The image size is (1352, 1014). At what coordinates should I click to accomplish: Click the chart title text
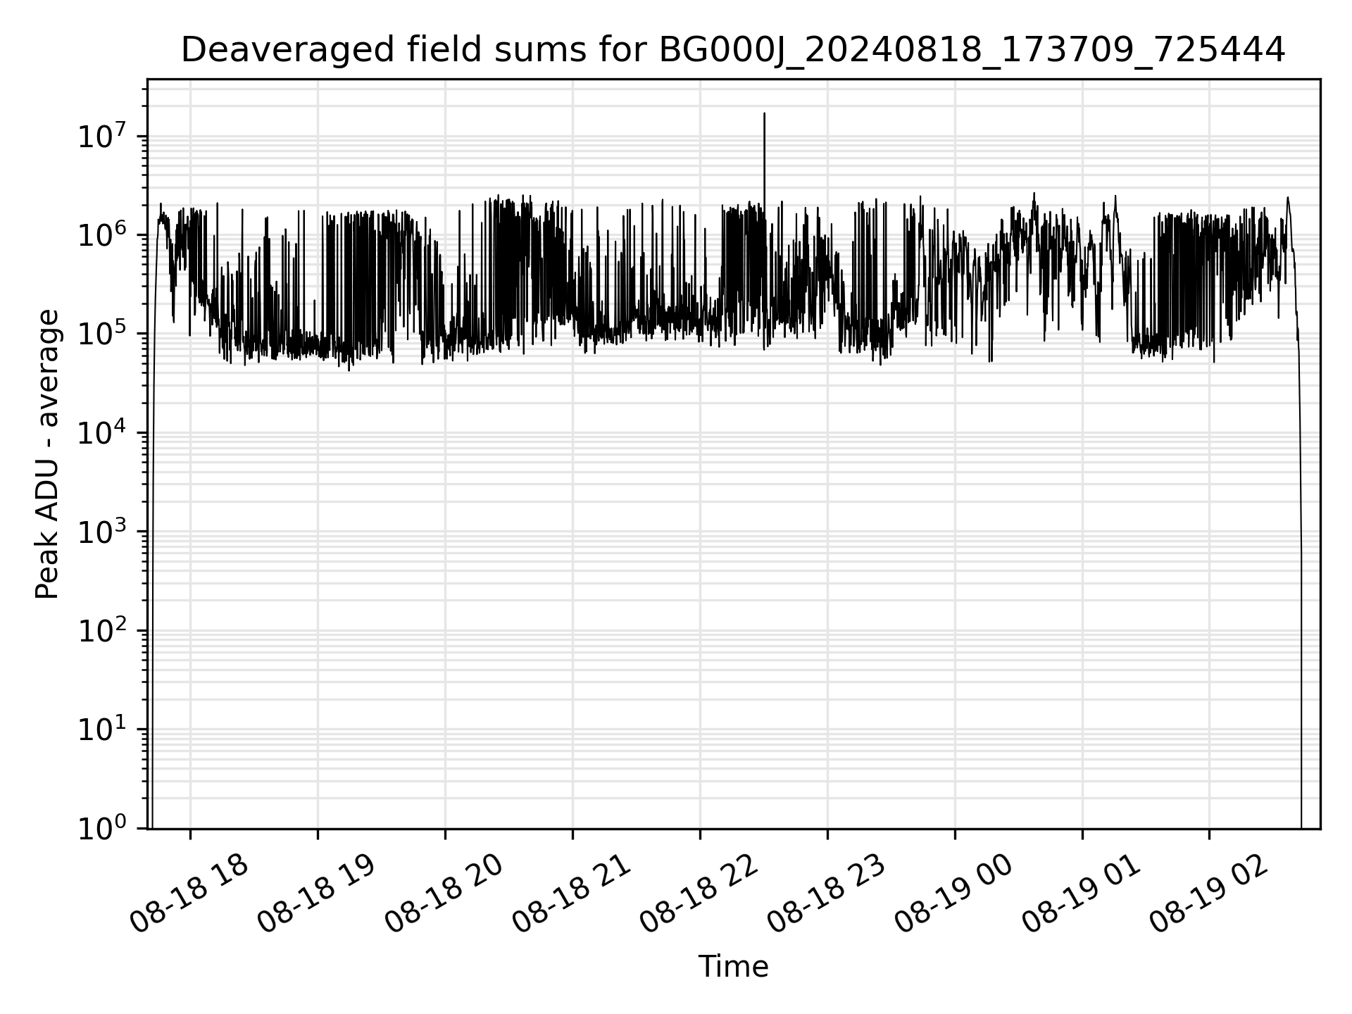point(733,50)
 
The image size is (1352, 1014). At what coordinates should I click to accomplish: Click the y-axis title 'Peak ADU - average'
point(47,454)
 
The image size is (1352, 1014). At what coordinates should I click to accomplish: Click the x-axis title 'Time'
point(733,967)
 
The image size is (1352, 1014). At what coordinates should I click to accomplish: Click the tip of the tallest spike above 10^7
point(765,113)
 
